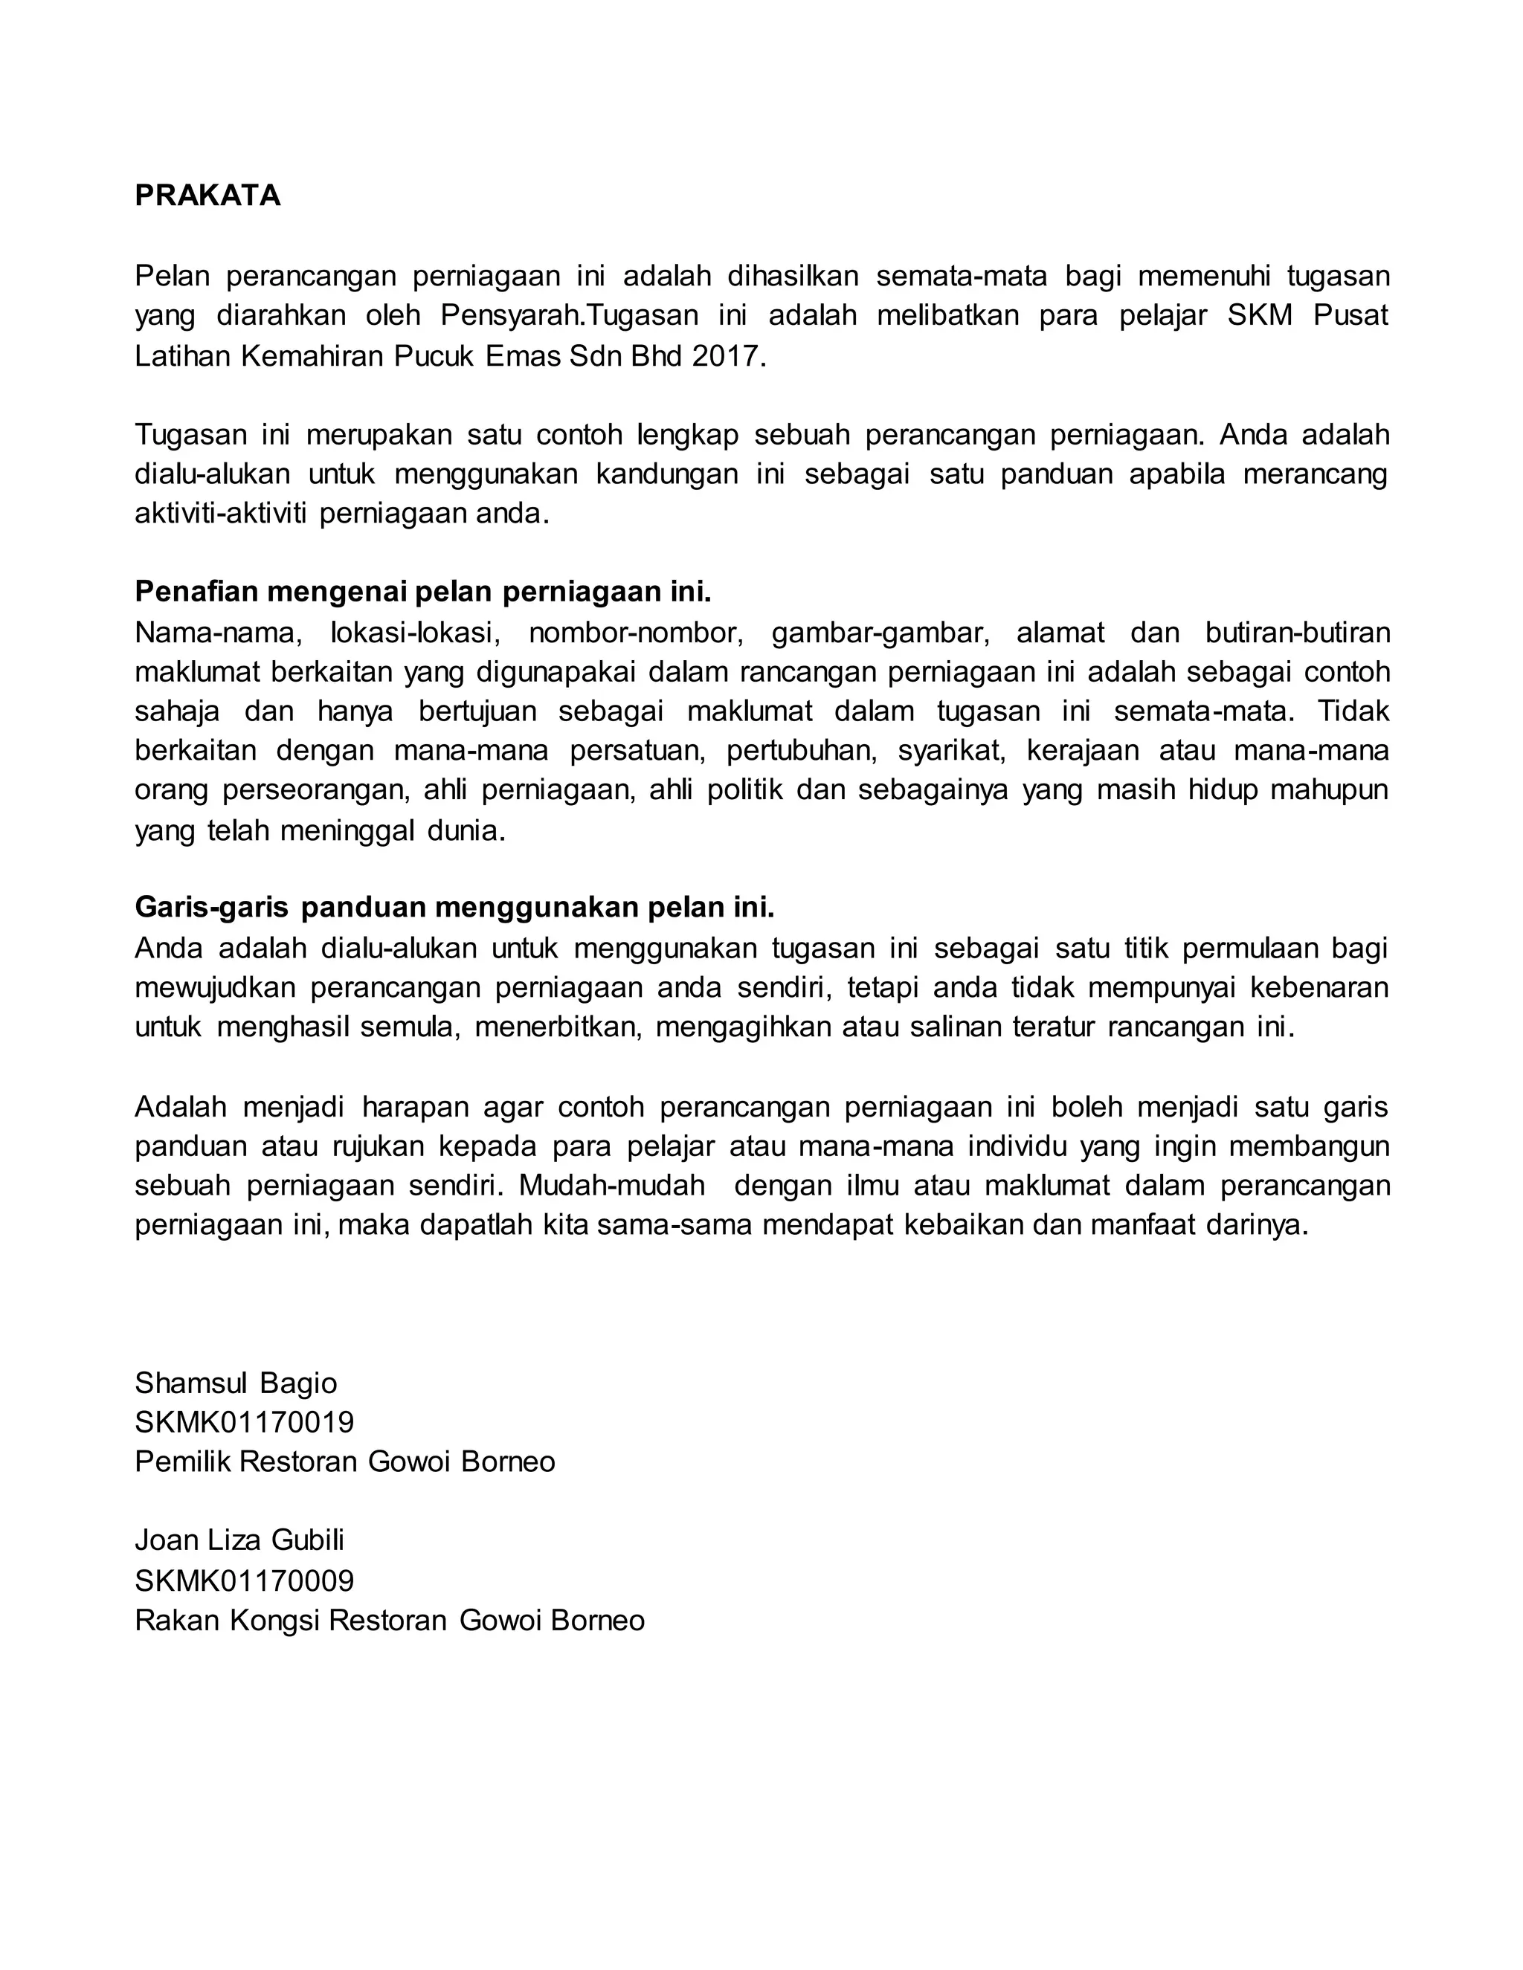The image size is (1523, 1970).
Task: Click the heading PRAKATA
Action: tap(207, 196)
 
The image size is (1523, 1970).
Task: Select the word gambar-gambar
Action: tap(880, 633)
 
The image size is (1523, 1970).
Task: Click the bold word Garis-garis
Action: tap(211, 906)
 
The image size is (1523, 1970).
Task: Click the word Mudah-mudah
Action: tap(612, 1185)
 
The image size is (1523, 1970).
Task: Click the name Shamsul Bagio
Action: tap(236, 1383)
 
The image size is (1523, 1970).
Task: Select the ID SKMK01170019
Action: tap(245, 1422)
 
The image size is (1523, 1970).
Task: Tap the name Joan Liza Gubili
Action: tap(239, 1540)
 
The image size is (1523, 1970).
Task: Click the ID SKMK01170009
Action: tap(245, 1580)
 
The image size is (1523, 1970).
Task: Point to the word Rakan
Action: tap(178, 1621)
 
